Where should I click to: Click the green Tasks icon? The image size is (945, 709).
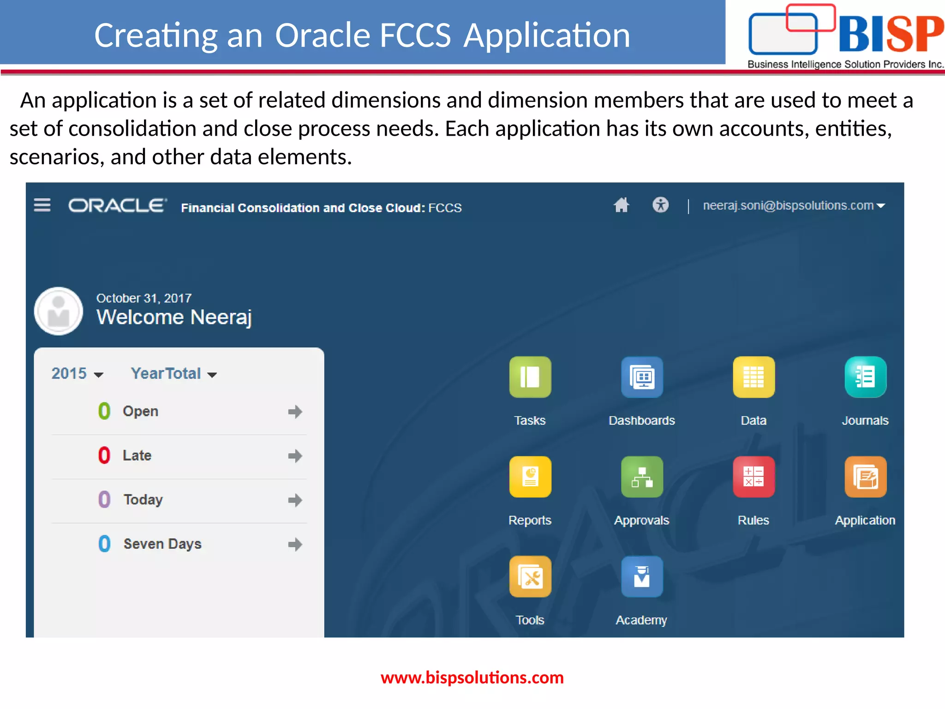tap(530, 377)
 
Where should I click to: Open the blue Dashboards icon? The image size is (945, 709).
tap(642, 377)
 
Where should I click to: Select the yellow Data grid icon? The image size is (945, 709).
tap(754, 377)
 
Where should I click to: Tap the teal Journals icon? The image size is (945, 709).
tap(865, 377)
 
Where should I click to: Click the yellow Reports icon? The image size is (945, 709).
tap(530, 477)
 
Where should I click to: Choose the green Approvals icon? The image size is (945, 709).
tap(642, 477)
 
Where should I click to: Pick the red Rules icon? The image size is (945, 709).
tap(754, 477)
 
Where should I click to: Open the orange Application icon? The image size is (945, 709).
tap(865, 477)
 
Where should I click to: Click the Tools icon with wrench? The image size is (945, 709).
tap(530, 577)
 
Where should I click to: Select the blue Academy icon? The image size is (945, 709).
tap(642, 577)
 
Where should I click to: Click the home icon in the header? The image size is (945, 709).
tap(621, 205)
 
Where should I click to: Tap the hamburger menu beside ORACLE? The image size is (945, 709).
tap(42, 205)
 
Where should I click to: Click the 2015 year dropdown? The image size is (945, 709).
tap(77, 373)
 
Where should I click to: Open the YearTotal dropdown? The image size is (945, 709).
tap(173, 373)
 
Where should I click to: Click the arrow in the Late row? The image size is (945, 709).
tap(295, 456)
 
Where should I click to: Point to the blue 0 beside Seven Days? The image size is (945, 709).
tap(104, 544)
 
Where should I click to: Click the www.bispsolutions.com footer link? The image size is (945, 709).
tap(472, 678)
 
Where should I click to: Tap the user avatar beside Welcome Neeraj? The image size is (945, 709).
tap(59, 312)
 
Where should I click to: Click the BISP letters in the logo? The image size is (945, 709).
tap(891, 34)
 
